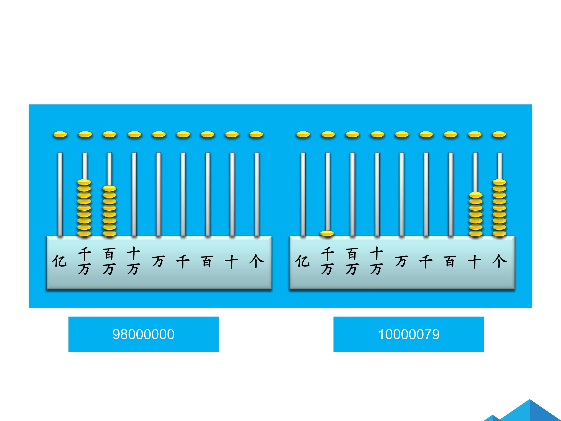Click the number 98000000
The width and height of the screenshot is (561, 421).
point(144,334)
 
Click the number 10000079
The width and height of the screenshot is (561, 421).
point(409,334)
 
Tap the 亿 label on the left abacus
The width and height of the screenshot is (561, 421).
point(60,261)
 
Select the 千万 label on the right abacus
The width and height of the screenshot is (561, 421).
point(327,261)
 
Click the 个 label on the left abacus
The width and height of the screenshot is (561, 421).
point(256,261)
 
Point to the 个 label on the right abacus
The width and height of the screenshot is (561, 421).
point(499,261)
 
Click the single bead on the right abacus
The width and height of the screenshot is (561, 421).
point(327,233)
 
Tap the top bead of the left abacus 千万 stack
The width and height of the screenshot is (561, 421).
point(84,182)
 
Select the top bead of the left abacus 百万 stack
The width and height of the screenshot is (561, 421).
point(109,188)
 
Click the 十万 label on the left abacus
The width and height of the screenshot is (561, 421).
point(134,261)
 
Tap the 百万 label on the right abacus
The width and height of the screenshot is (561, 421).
point(352,261)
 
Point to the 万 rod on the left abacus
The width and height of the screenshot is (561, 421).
point(159,194)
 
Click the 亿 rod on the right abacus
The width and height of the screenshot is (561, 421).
point(303,194)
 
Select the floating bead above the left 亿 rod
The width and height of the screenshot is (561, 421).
point(60,134)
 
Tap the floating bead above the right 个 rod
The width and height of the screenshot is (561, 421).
point(499,134)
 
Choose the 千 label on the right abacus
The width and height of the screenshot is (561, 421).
point(426,262)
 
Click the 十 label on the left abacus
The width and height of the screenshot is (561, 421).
point(231,262)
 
